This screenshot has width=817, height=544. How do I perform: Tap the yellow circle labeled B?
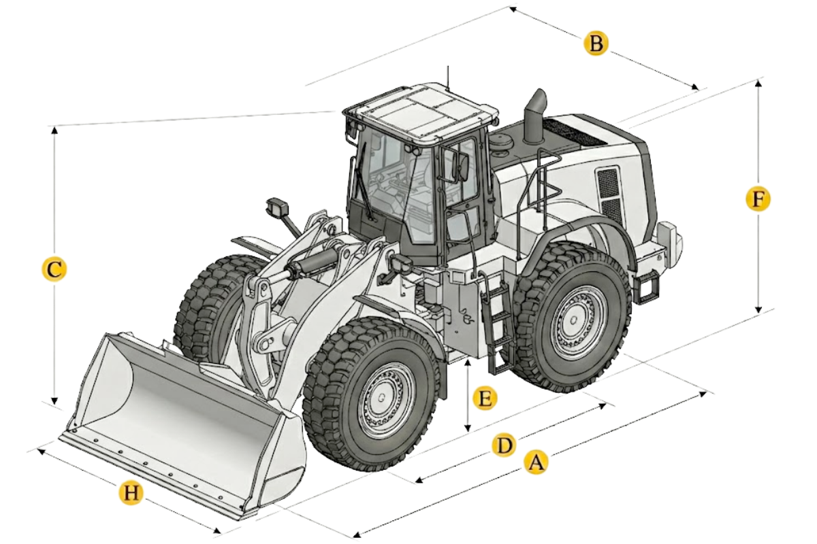point(596,44)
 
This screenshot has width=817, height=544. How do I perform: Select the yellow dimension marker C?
point(54,270)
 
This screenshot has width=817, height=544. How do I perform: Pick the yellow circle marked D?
point(504,445)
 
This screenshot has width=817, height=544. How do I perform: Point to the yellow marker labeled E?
point(485,398)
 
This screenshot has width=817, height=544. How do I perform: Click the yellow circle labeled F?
point(758,199)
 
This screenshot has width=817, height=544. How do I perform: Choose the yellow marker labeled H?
point(131,494)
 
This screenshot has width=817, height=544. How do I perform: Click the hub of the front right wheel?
point(382,397)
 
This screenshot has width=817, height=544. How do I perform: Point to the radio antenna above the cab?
point(449,78)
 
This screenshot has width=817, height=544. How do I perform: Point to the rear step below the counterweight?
point(647,287)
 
